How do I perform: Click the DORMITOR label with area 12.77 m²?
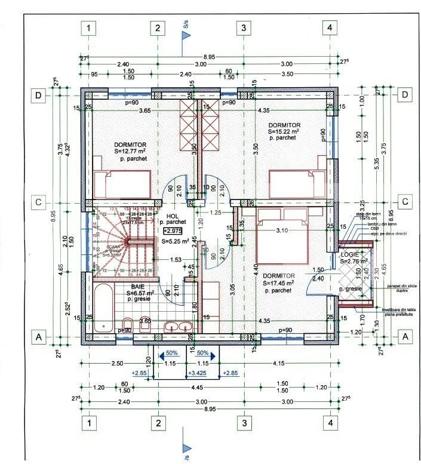[130, 145]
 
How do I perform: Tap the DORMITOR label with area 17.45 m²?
[278, 276]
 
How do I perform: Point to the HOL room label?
[173, 216]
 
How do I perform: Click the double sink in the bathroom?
[179, 326]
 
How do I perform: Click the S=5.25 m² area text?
[175, 242]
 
